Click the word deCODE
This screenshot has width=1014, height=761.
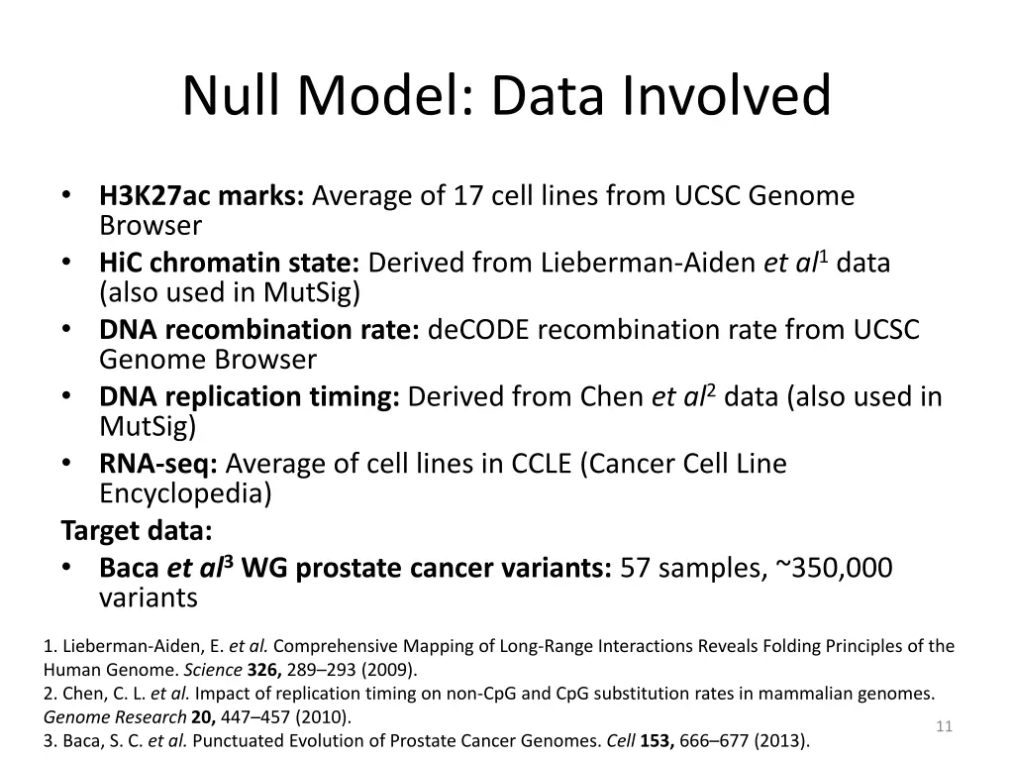coord(479,330)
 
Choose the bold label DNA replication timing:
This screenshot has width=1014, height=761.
coord(250,397)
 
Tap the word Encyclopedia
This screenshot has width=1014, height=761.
coord(185,493)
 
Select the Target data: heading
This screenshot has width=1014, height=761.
coord(137,531)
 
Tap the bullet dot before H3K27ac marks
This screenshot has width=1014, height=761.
coord(65,196)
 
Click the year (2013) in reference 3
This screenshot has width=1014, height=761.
coord(781,740)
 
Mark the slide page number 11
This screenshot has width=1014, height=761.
coord(944,727)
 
